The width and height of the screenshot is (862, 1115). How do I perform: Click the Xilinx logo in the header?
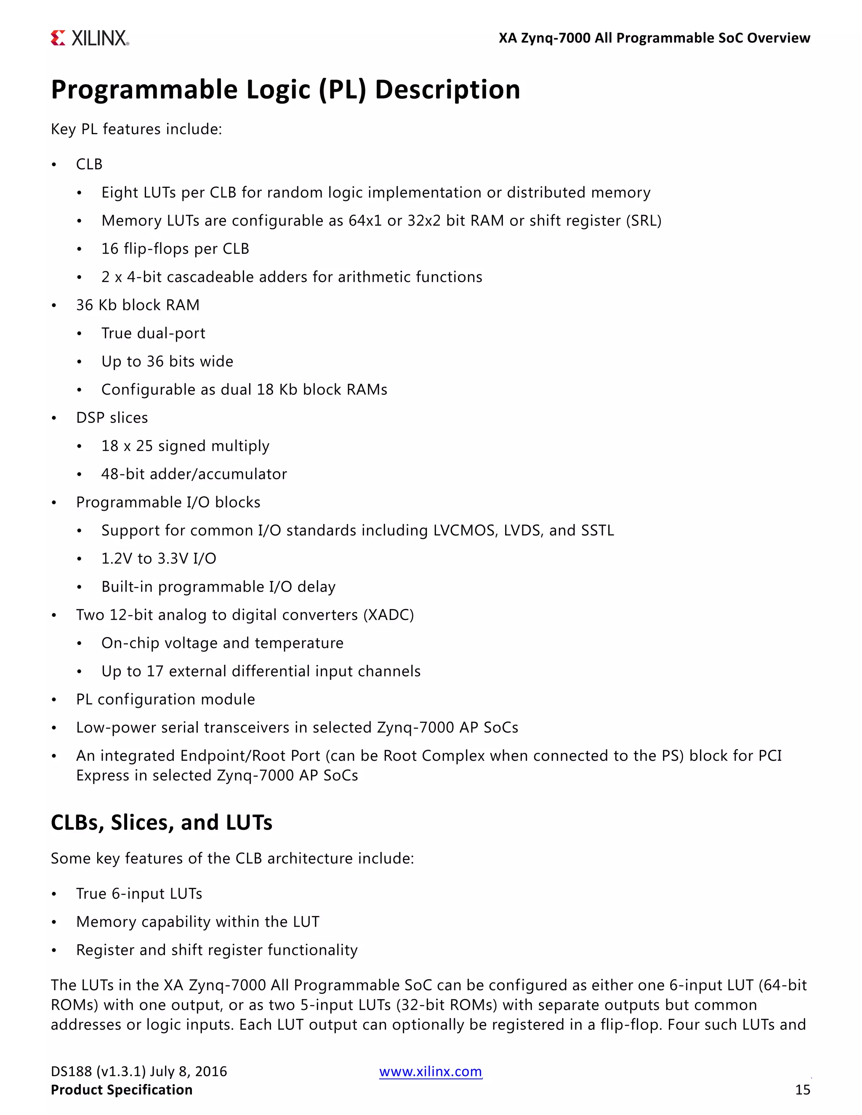pyautogui.click(x=90, y=38)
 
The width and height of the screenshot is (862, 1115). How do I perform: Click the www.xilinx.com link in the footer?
pyautogui.click(x=431, y=1071)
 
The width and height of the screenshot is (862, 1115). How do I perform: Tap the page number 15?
pyautogui.click(x=802, y=1090)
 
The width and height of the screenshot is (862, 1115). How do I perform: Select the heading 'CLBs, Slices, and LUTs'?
pyautogui.click(x=161, y=823)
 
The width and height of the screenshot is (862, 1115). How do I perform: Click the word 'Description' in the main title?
pyautogui.click(x=447, y=90)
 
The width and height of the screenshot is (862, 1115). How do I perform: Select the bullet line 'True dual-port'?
pyautogui.click(x=153, y=333)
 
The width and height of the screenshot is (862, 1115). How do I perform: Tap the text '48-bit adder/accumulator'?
pyautogui.click(x=194, y=474)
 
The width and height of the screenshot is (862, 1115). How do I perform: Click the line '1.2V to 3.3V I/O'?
pyautogui.click(x=159, y=558)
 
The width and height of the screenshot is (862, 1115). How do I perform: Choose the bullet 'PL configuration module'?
pyautogui.click(x=165, y=699)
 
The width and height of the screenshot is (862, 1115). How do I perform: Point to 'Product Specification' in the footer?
pyautogui.click(x=122, y=1090)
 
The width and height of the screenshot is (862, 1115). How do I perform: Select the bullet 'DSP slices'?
pyautogui.click(x=112, y=418)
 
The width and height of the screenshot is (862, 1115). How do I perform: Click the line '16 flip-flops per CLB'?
pyautogui.click(x=175, y=249)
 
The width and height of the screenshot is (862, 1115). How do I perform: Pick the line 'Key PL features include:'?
pyautogui.click(x=136, y=129)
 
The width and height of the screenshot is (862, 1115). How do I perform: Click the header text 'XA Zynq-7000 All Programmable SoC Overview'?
pyautogui.click(x=654, y=38)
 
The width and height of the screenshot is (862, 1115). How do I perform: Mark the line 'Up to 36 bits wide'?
pyautogui.click(x=167, y=361)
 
